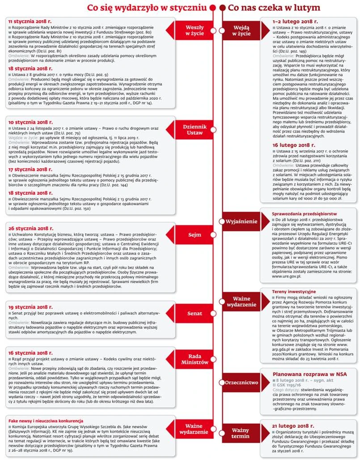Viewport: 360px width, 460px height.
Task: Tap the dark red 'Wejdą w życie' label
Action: pyautogui.click(x=241, y=31)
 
